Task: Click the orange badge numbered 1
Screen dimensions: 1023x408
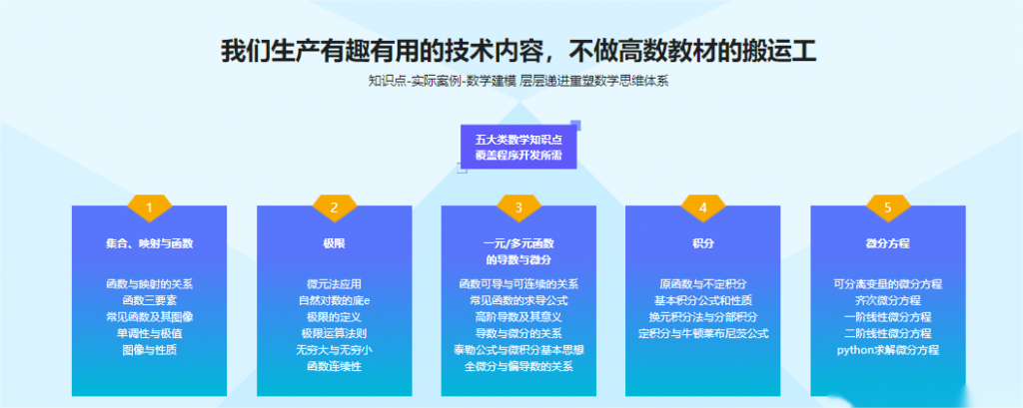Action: (x=149, y=207)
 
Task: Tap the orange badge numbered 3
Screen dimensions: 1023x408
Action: (x=518, y=207)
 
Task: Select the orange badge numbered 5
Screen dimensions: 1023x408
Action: (x=888, y=207)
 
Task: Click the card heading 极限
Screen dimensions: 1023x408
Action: (x=334, y=243)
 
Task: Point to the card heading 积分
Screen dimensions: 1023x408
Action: (x=703, y=243)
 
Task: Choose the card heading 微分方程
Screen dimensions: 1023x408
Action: (x=888, y=243)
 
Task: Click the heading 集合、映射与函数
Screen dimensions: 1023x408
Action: (x=150, y=243)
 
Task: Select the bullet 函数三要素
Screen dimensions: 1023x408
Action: (x=150, y=300)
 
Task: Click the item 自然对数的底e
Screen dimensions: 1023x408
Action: (x=334, y=300)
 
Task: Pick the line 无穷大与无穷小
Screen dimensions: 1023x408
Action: (x=334, y=350)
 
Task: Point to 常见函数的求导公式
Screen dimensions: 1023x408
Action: (x=518, y=300)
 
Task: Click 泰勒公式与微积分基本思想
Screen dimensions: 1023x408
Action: (x=518, y=350)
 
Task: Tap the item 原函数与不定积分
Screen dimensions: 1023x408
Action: (x=703, y=284)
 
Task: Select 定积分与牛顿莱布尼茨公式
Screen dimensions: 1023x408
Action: (x=703, y=334)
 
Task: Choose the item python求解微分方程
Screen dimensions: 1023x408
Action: (x=888, y=350)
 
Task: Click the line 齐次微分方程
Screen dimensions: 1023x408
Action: (x=888, y=300)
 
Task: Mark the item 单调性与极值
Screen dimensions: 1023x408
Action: (x=150, y=334)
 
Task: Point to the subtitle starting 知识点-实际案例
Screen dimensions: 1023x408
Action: (x=518, y=82)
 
